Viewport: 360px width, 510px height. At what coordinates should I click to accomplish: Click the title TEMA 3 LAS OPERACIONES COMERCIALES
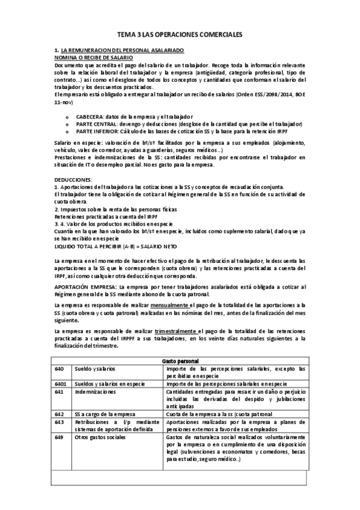pyautogui.click(x=179, y=35)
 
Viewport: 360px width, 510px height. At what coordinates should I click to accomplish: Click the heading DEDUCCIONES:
pyautogui.click(x=73, y=180)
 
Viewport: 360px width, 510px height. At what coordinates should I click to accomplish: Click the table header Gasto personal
pyautogui.click(x=179, y=359)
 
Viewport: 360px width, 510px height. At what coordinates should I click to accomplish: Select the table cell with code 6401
pyautogui.click(x=61, y=383)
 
